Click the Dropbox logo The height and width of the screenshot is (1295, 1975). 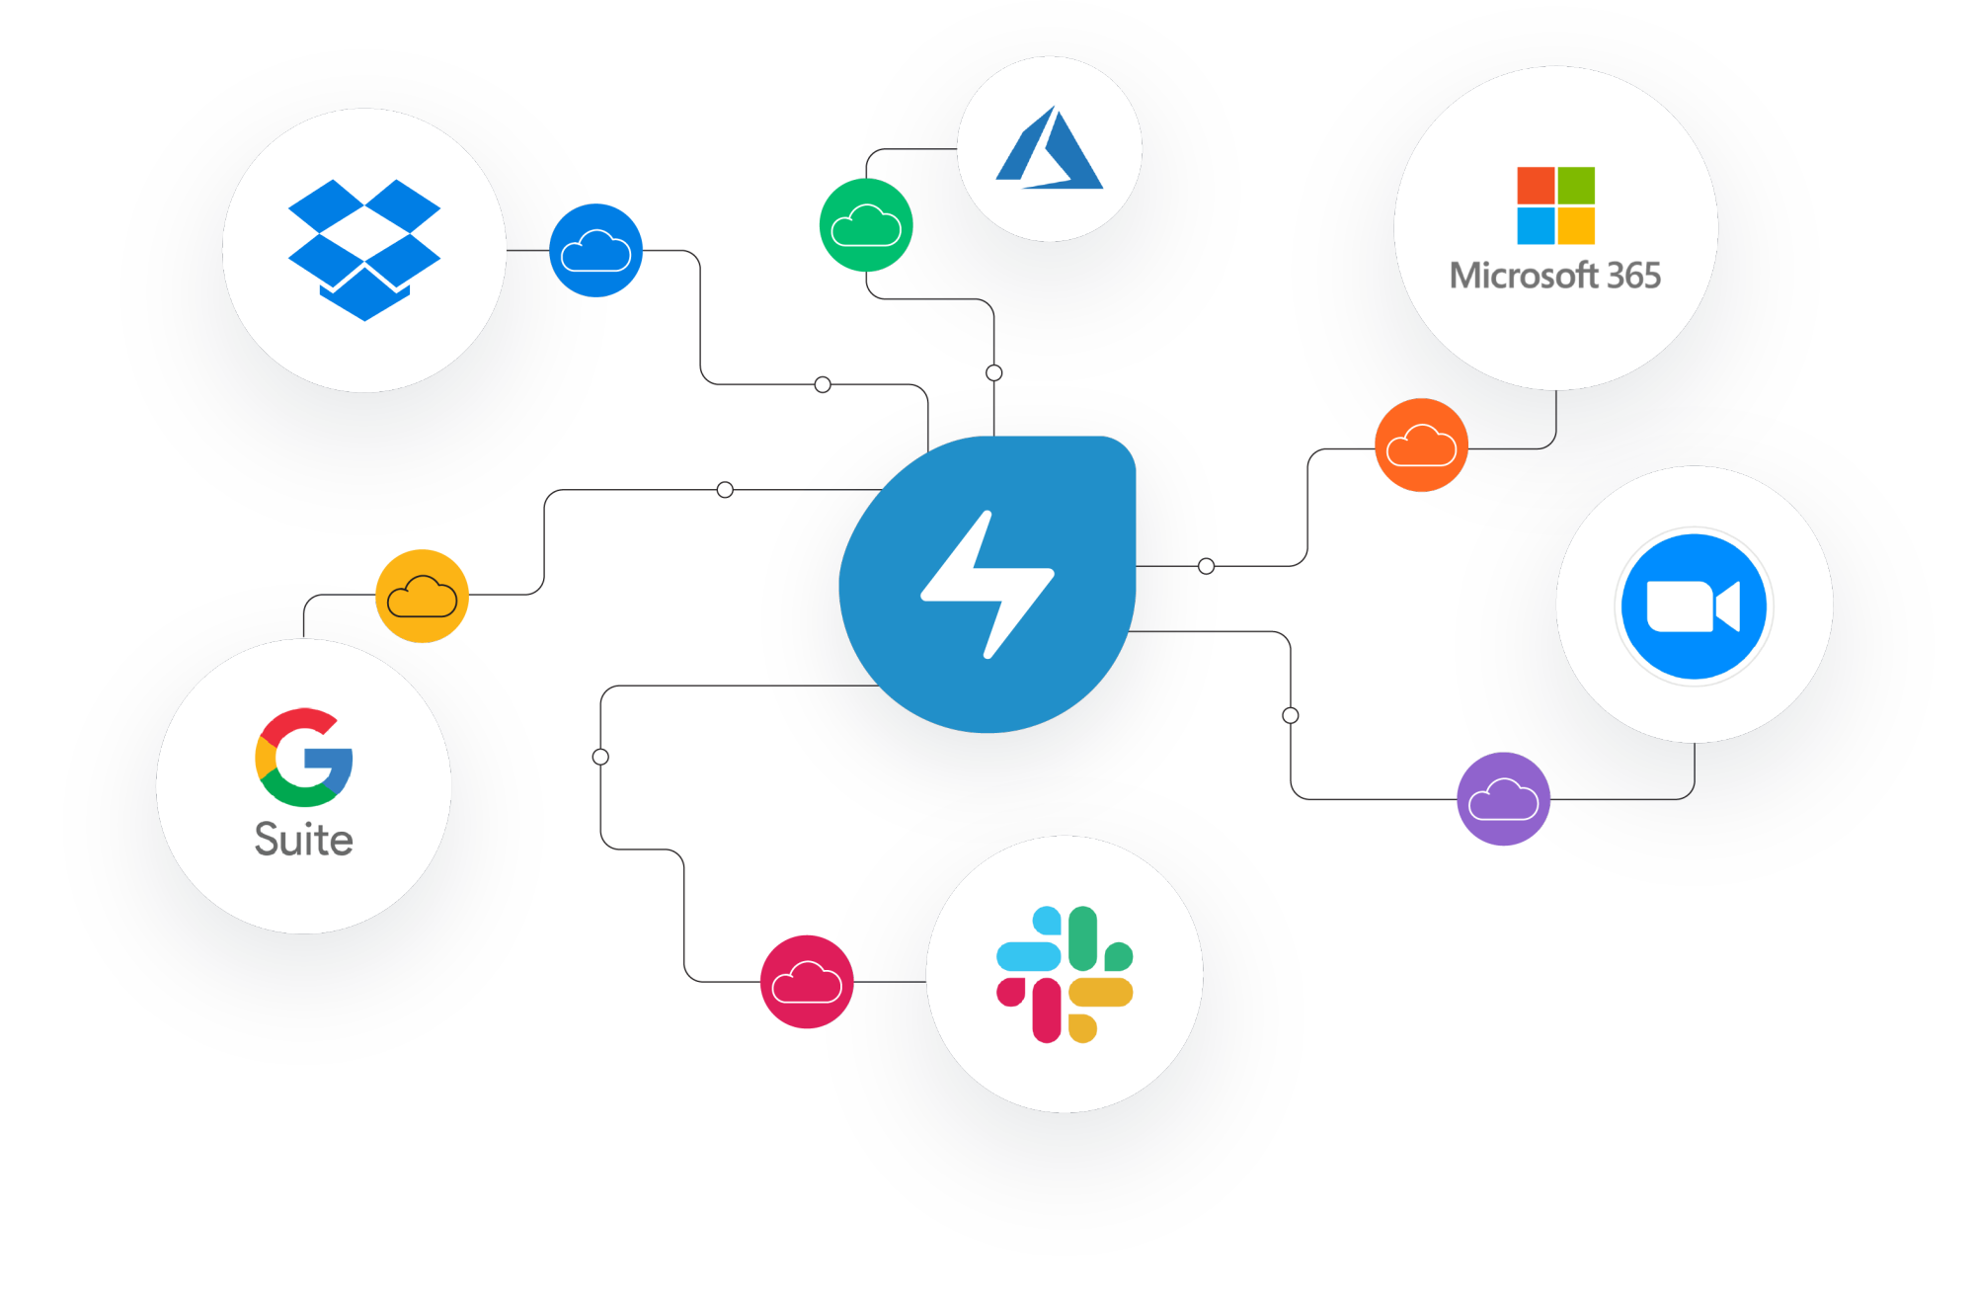point(363,249)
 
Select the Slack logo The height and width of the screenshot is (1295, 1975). point(1065,974)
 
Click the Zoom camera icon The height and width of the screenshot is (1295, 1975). point(1694,606)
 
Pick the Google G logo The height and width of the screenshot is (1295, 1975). point(304,758)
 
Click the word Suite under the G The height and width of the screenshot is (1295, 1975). point(304,840)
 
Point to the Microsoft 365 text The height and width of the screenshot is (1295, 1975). point(1555,276)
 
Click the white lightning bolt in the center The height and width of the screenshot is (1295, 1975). point(987,584)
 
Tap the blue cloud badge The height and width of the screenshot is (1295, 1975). point(595,250)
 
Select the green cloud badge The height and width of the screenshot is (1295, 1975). point(866,226)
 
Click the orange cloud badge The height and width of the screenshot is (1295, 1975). point(1421,445)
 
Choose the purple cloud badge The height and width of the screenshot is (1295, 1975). point(1503,799)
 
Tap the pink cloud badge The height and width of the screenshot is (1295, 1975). point(806,984)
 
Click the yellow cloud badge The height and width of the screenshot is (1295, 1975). point(423,596)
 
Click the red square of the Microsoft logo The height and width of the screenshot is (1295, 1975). point(1536,185)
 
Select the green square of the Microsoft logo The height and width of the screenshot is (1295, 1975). point(1576,185)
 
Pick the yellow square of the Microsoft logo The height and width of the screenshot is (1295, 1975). point(1576,225)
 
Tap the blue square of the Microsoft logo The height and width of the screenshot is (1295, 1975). point(1536,225)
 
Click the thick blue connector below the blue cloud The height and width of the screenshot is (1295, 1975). point(665,375)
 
